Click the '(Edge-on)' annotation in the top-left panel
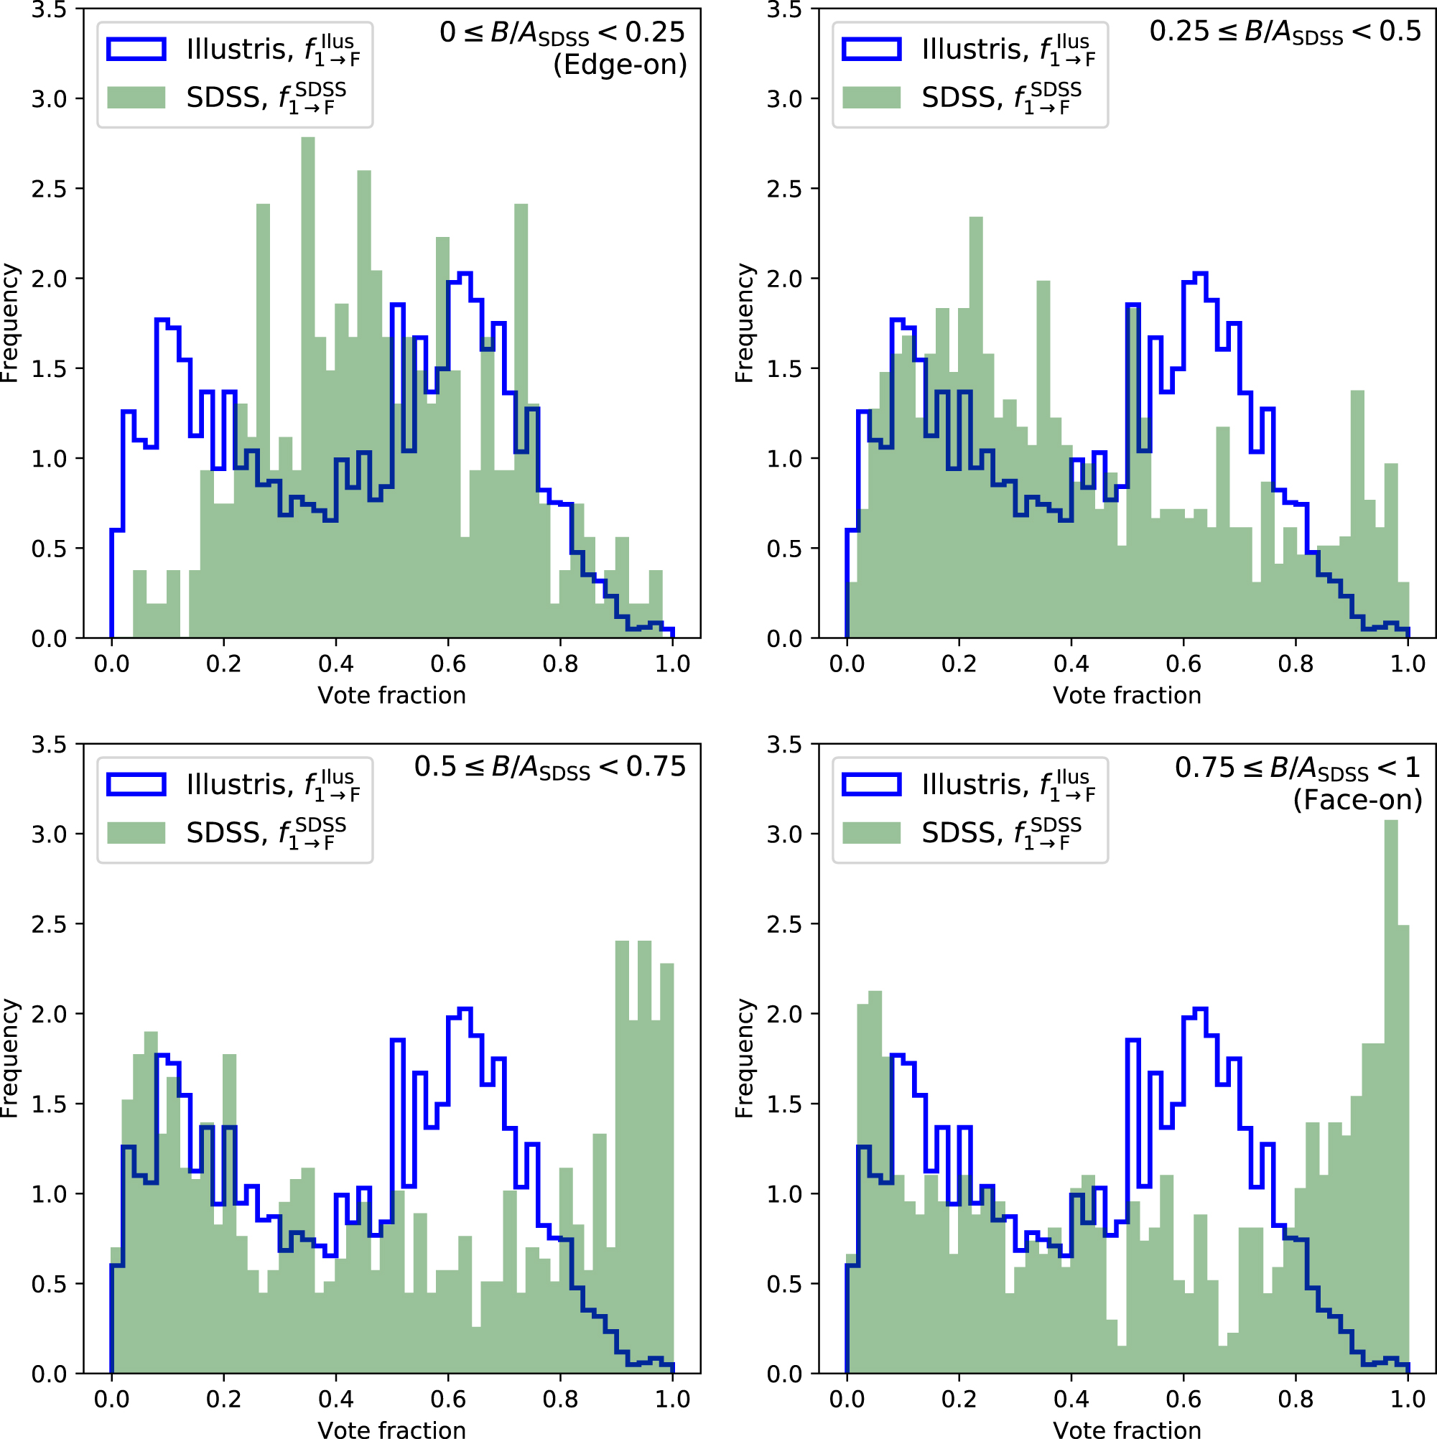620,65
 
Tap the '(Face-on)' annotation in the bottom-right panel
1357,801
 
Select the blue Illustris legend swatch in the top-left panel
136,49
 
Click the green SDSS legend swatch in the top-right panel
871,98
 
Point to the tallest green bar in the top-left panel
307,387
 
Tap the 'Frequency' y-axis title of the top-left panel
9,323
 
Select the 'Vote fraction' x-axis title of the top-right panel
1126,695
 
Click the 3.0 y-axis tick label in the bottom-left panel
48,834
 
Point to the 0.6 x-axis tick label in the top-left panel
447,663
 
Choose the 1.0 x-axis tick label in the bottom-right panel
1408,1399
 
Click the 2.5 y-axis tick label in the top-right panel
783,189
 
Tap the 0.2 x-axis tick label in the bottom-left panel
223,1399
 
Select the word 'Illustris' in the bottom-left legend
236,784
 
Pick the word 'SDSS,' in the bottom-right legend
964,833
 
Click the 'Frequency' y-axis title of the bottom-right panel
745,1058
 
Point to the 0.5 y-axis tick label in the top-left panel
48,549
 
